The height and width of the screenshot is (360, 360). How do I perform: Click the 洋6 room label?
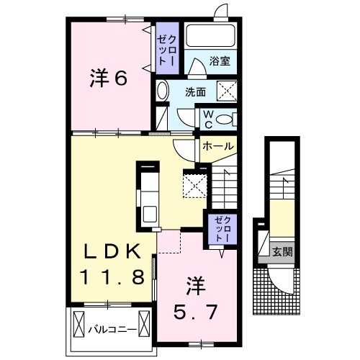[x=109, y=78]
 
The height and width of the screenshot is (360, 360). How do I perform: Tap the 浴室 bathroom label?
[x=220, y=63]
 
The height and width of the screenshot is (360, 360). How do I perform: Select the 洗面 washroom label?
[x=195, y=92]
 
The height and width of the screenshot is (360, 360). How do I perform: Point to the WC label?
[x=206, y=120]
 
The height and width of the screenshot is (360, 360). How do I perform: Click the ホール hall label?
[x=217, y=146]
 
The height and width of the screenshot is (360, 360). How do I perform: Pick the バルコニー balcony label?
[x=113, y=330]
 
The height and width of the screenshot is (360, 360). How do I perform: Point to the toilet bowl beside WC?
[x=225, y=120]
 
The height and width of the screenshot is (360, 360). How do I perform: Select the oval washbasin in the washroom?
[x=163, y=91]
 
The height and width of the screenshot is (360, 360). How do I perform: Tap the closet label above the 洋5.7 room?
[x=220, y=228]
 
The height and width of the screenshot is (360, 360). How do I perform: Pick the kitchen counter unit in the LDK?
[x=149, y=194]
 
